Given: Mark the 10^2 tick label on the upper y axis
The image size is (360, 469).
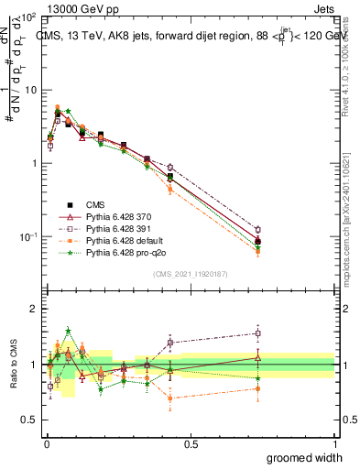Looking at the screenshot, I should [27, 17].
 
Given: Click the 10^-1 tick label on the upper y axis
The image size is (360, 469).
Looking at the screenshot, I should [27, 236].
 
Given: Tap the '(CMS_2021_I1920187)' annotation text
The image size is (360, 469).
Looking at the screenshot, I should [190, 273].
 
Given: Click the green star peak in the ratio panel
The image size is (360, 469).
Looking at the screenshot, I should [68, 331].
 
